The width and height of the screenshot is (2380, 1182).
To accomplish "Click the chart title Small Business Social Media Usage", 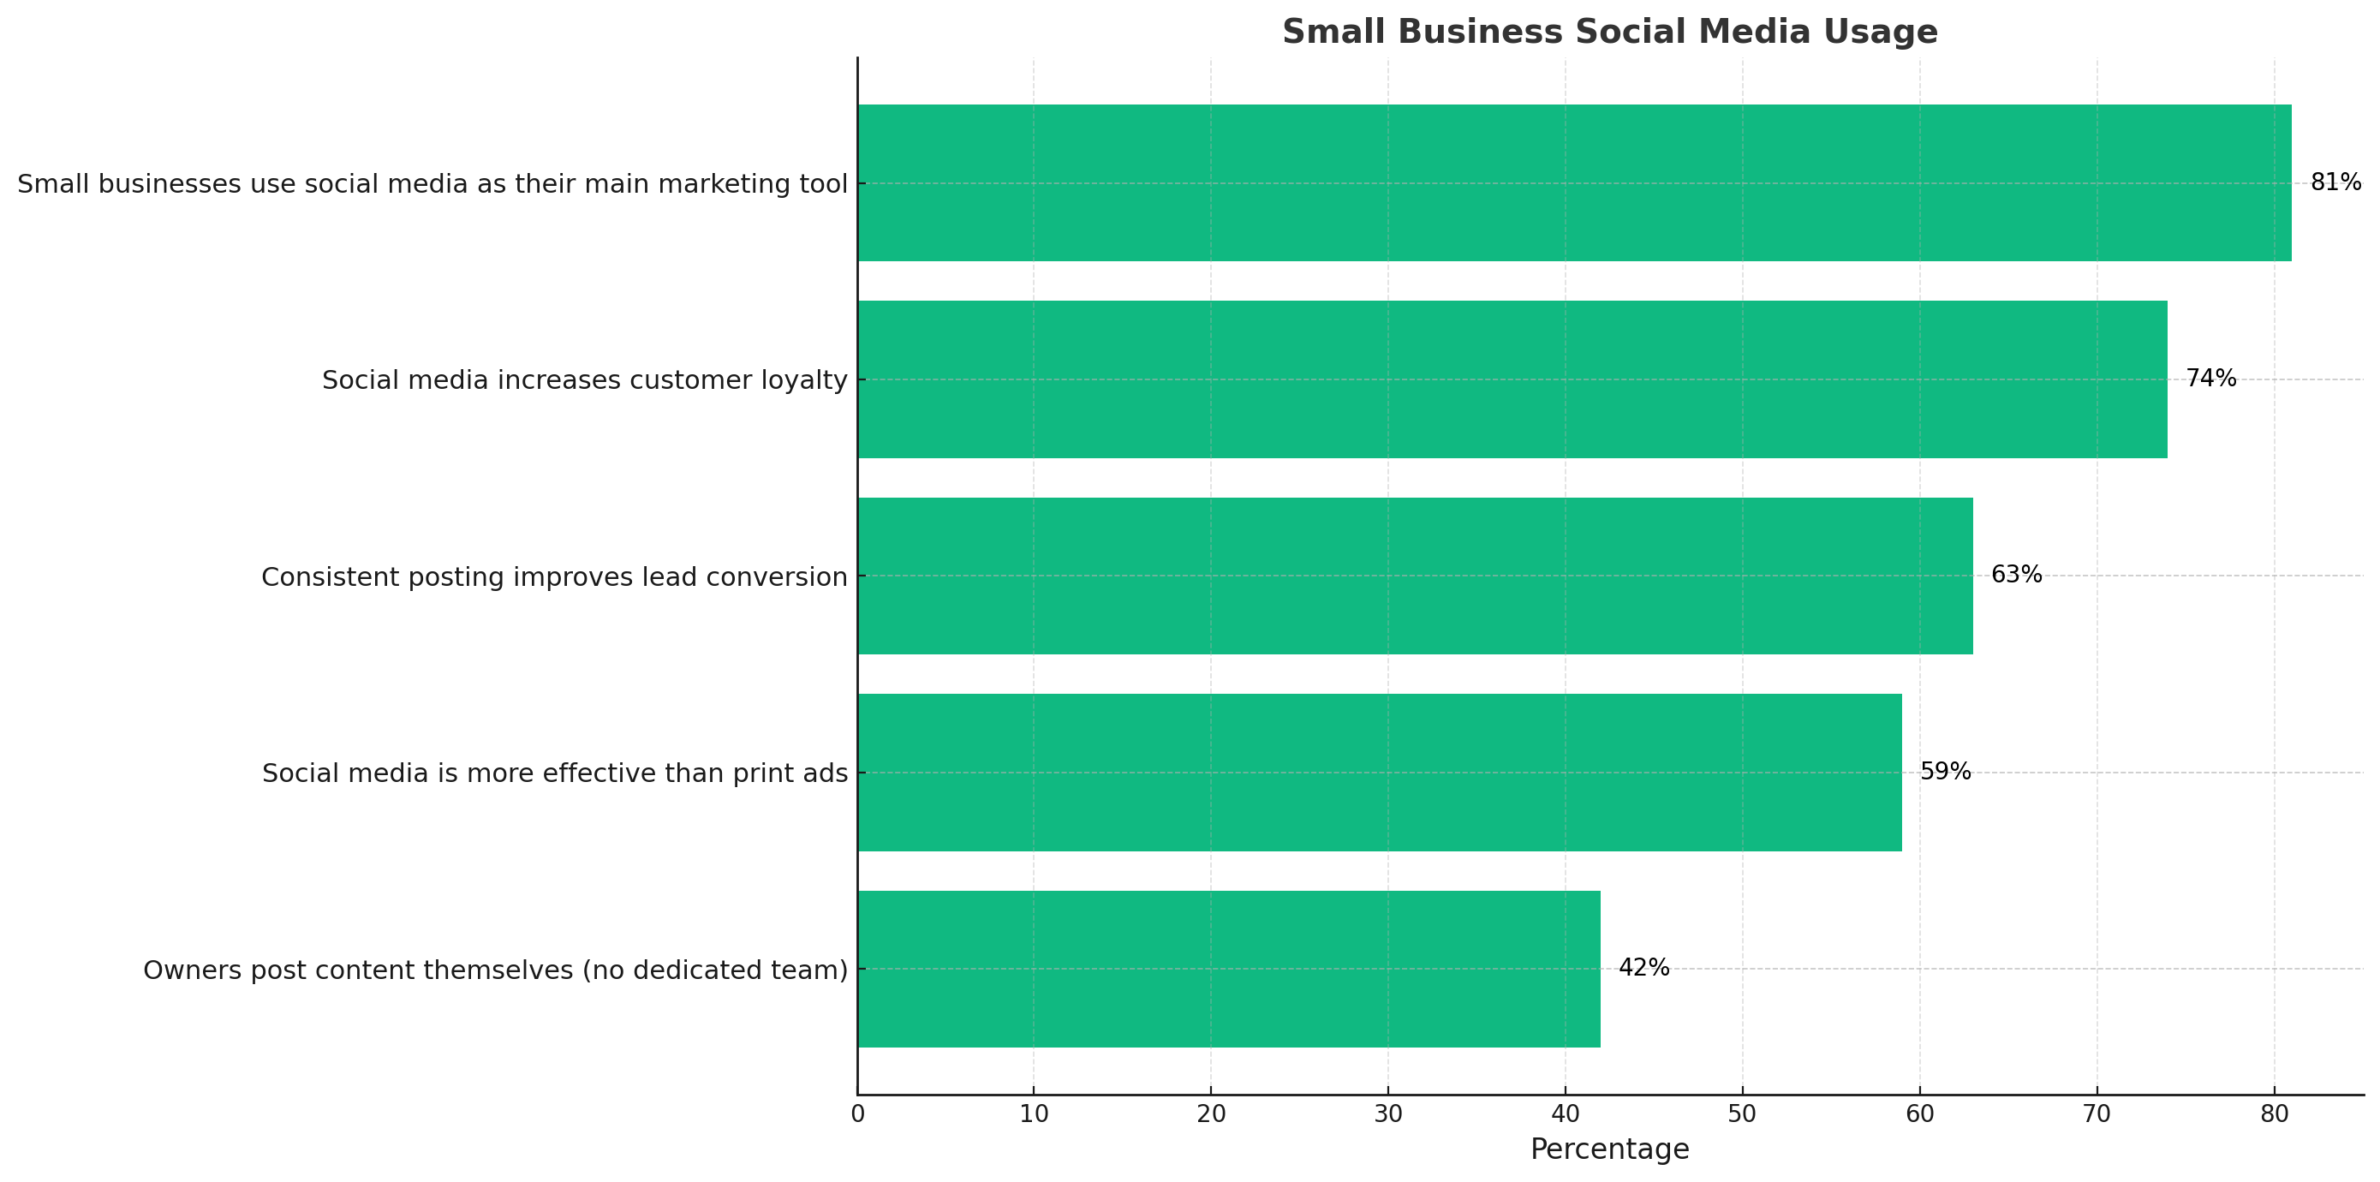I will (x=1608, y=33).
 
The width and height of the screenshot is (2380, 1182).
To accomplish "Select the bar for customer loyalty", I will (x=1512, y=379).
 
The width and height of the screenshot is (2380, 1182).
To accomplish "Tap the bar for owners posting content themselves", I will (x=1228, y=969).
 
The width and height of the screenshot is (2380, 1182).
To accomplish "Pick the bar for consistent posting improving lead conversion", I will (x=1415, y=576).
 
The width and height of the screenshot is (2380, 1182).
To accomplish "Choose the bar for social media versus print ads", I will (x=1380, y=773).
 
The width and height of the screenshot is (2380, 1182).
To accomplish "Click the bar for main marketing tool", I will (x=1573, y=183).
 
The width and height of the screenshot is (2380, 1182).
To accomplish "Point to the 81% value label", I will (x=2335, y=183).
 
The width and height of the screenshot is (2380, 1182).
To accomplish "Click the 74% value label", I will (x=2210, y=379).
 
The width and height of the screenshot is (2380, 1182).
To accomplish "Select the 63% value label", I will (x=2016, y=576).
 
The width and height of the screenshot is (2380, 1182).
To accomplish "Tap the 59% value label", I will (x=1945, y=773).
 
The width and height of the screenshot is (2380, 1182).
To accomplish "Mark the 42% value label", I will (x=1643, y=969).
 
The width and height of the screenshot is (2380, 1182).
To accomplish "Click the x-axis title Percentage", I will (x=1608, y=1149).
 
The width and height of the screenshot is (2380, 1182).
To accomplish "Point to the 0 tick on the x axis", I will (x=857, y=1114).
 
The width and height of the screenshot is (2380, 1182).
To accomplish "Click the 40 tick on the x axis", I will (x=1565, y=1114).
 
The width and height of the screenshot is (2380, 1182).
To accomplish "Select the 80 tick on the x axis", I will (x=2274, y=1114).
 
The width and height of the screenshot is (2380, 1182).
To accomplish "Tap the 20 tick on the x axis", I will (x=1211, y=1114).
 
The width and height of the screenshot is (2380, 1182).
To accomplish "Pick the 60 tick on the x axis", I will (x=1920, y=1114).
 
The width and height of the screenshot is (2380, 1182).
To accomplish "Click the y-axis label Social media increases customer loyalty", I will (x=584, y=379).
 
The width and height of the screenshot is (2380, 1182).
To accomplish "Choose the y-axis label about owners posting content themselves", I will (x=495, y=970).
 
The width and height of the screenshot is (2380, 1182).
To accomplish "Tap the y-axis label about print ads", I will (x=554, y=773).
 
